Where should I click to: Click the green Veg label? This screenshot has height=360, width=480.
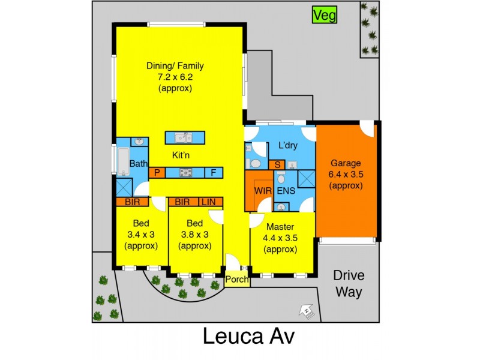pyautogui.click(x=325, y=15)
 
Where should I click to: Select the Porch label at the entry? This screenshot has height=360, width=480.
pyautogui.click(x=237, y=280)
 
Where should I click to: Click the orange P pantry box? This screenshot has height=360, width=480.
pyautogui.click(x=157, y=173)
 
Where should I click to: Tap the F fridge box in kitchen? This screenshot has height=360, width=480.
pyautogui.click(x=213, y=173)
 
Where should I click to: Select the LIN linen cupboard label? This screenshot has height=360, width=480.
pyautogui.click(x=210, y=202)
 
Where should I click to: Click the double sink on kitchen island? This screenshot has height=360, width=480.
pyautogui.click(x=184, y=138)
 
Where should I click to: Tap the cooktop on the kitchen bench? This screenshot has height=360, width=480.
pyautogui.click(x=186, y=173)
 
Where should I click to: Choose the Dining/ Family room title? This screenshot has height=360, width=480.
pyautogui.click(x=175, y=65)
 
